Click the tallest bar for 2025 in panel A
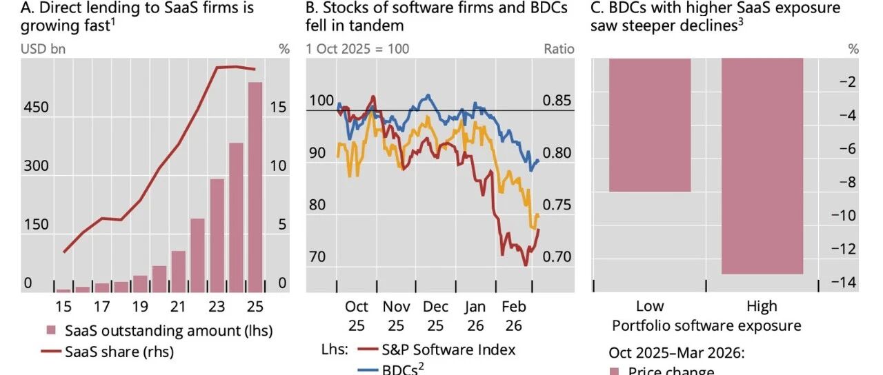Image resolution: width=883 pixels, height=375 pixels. pos(255,186)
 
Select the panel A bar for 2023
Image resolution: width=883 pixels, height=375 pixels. pos(217,234)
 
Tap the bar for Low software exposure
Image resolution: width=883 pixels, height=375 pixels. pos(650,125)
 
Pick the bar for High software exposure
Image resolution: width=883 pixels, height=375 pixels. pos(762,166)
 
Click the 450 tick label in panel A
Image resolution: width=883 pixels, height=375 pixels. pos(37,108)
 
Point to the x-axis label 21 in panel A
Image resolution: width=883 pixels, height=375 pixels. pos(178,306)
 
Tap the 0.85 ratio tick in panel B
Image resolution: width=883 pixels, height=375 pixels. pos(557,101)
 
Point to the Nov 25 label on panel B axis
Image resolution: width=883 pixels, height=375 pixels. pos(396,314)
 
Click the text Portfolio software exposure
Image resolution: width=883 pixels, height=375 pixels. pos(706,326)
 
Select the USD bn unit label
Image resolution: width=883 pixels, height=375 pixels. pos(43,49)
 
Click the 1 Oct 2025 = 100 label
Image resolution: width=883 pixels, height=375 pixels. pos(357,49)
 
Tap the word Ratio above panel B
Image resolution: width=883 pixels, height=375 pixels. pos(559,49)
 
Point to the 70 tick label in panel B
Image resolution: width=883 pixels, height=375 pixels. pos(317,257)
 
